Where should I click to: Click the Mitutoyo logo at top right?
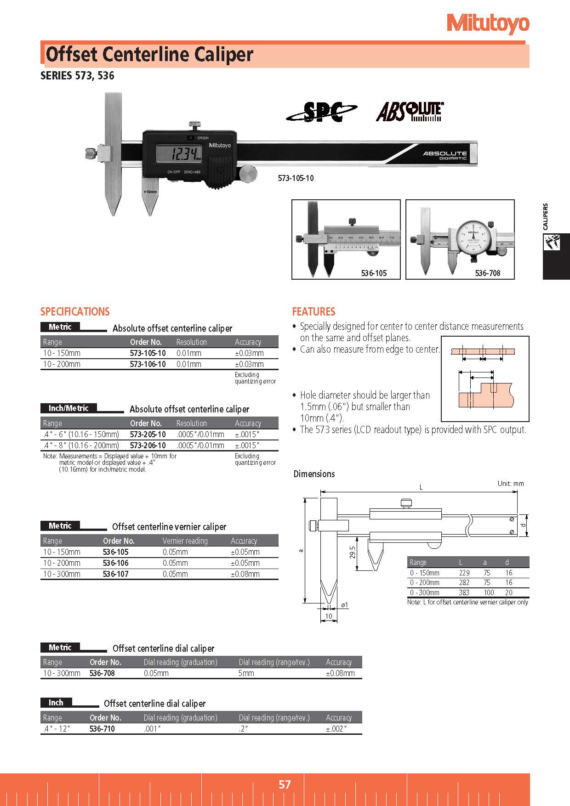[x=488, y=23]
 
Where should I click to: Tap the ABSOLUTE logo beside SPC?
[x=410, y=112]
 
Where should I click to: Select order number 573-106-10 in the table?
[x=148, y=364]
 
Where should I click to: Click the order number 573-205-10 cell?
[x=148, y=434]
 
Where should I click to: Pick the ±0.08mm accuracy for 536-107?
[x=245, y=574]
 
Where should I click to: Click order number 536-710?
[x=102, y=729]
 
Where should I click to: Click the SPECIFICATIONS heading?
[x=75, y=312]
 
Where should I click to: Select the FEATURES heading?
[x=313, y=312]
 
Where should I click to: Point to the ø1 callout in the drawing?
[x=344, y=605]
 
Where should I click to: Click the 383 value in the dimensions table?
[x=464, y=592]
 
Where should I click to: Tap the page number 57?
[x=285, y=784]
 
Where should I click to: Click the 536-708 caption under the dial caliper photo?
[x=487, y=273]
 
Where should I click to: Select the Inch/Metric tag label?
[x=68, y=408]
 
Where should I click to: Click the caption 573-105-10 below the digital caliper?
[x=296, y=178]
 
